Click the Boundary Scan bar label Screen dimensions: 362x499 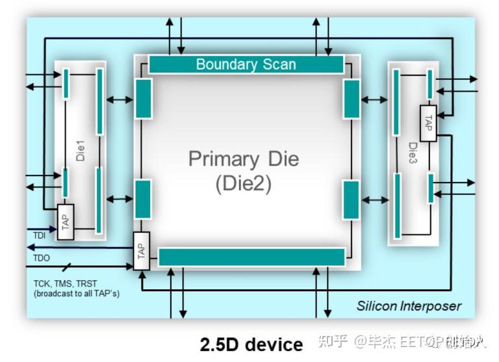(x=246, y=64)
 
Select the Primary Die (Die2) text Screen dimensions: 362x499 (x=243, y=171)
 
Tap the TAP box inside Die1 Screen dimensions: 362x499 (x=65, y=222)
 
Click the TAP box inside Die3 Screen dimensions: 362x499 (x=428, y=123)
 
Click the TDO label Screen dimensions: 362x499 (x=42, y=257)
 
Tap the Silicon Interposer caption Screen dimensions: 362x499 (x=409, y=305)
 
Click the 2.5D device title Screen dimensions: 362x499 (x=251, y=344)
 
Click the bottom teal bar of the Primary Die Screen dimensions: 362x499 (x=251, y=257)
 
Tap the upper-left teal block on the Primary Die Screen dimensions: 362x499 (x=144, y=98)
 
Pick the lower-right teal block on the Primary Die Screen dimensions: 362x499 (x=351, y=200)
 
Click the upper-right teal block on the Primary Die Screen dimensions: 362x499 (x=352, y=99)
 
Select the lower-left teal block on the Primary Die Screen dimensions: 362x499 (x=143, y=199)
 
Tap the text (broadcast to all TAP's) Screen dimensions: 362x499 (x=77, y=294)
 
